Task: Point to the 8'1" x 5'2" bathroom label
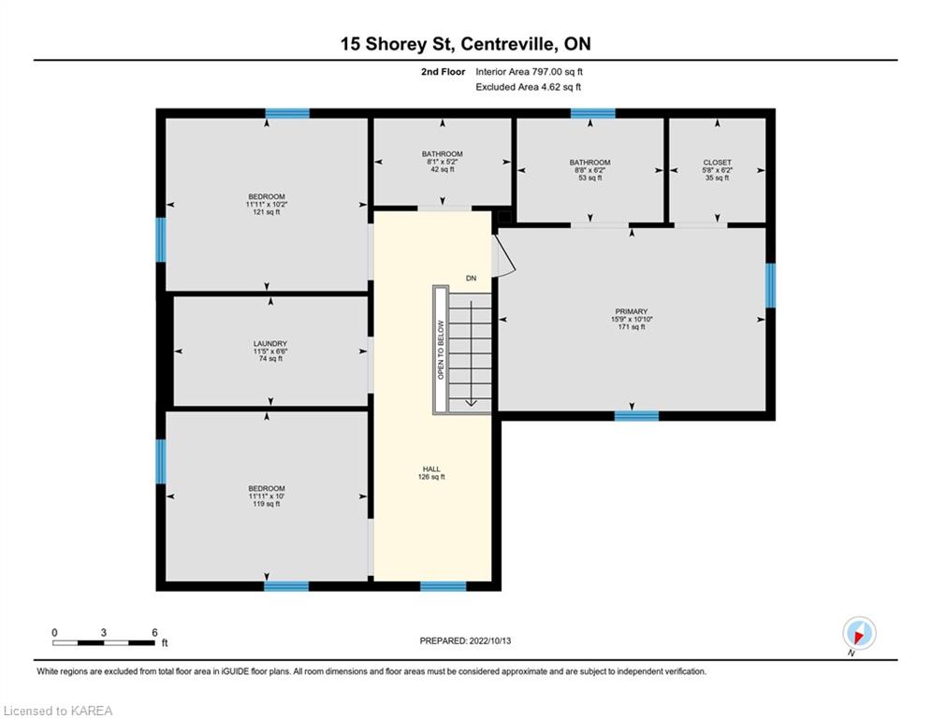pos(442,161)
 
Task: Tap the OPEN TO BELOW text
pos(440,350)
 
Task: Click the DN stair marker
pos(473,278)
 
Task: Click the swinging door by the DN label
pos(503,257)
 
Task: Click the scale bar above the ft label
pos(103,642)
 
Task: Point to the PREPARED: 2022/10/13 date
pos(465,640)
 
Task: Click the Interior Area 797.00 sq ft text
pos(533,71)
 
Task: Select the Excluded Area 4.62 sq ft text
pos(529,87)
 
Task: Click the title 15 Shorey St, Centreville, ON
pos(465,43)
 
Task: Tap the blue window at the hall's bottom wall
pos(443,586)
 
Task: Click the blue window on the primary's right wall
pos(770,285)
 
